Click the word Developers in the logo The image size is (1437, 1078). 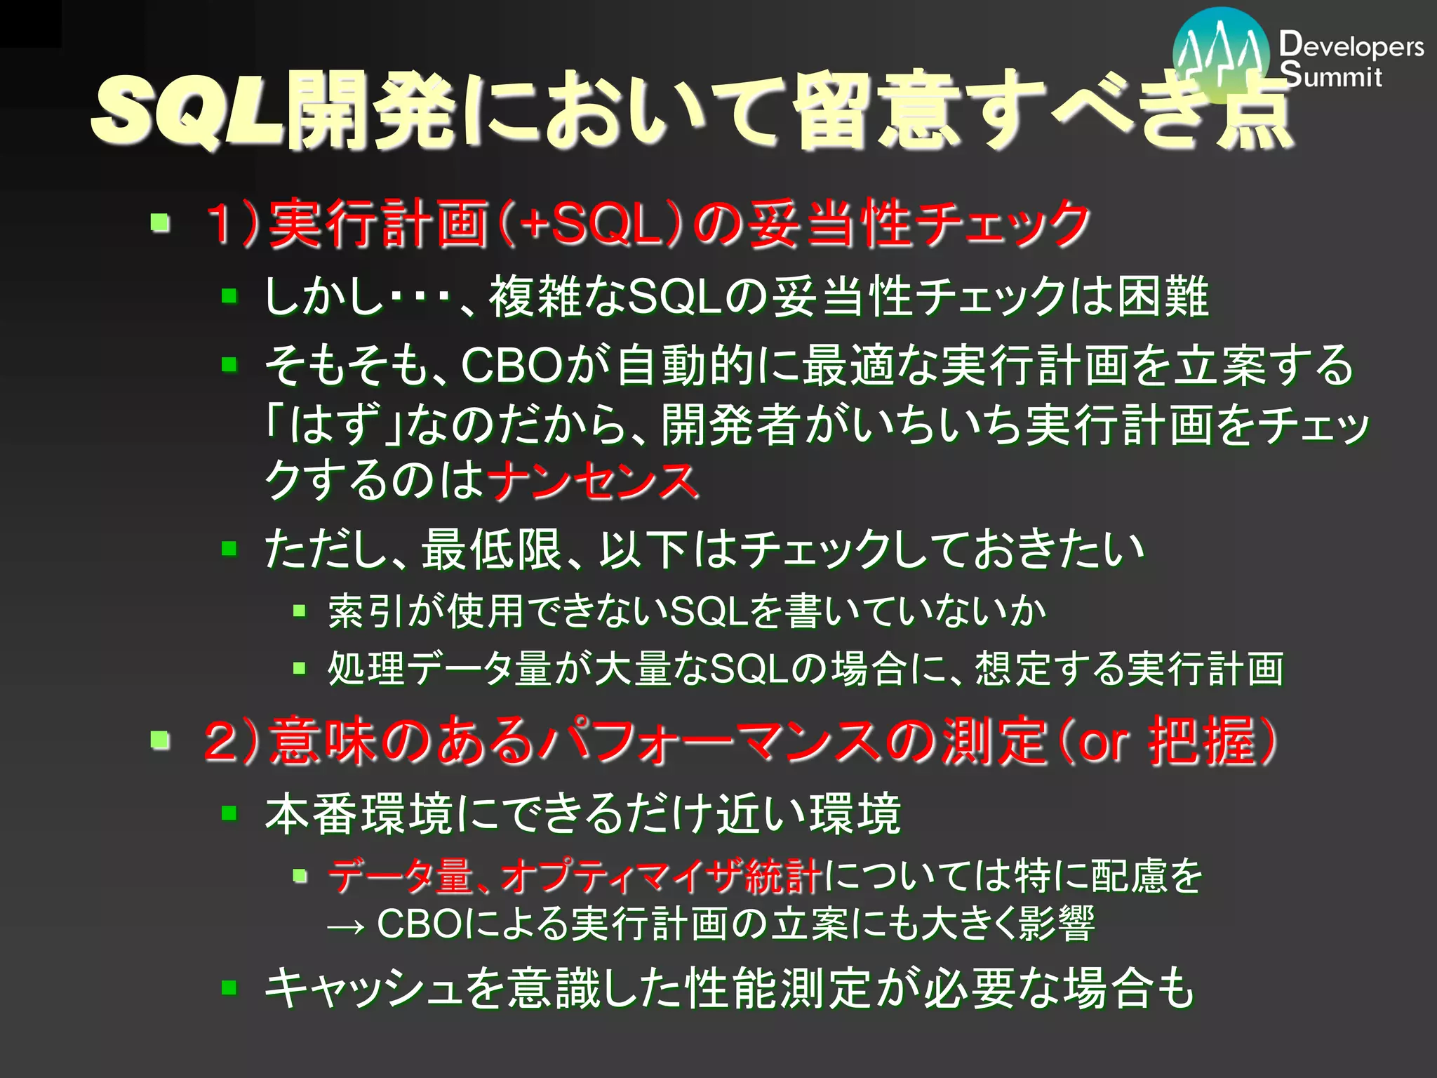pos(1351,46)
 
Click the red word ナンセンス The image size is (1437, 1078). pos(593,481)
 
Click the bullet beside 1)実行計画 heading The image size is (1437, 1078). pos(161,224)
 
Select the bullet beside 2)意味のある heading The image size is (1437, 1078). pos(161,740)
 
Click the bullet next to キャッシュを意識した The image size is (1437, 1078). pos(229,988)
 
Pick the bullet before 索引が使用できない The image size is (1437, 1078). pos(300,611)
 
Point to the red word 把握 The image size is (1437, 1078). pos(1201,741)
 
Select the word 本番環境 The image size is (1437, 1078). pos(359,814)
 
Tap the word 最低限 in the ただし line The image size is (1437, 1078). pos(491,549)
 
